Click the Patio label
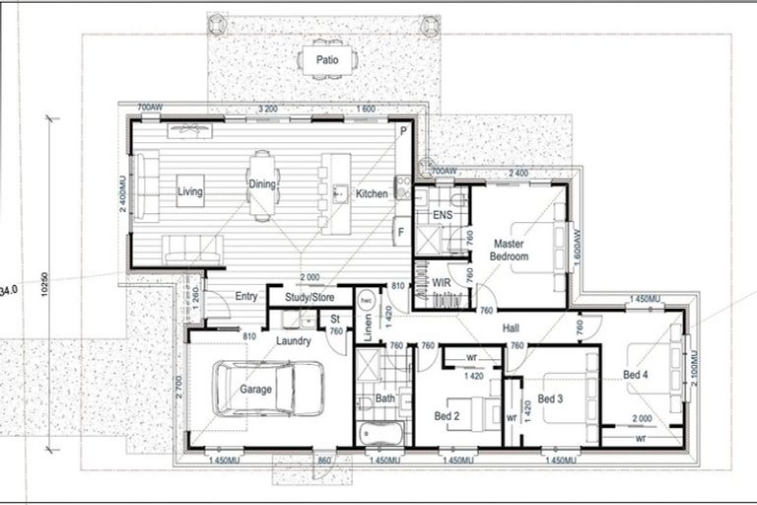point(327,60)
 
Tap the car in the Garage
point(269,389)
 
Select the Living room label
point(190,192)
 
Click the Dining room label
point(261,183)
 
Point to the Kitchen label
point(372,194)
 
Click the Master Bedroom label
point(511,250)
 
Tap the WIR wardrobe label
point(440,283)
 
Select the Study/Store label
point(310,296)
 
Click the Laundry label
point(294,341)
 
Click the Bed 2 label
point(447,417)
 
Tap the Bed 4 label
point(637,374)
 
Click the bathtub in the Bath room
point(380,433)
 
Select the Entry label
point(245,296)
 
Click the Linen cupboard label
point(367,326)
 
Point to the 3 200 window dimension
point(266,107)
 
